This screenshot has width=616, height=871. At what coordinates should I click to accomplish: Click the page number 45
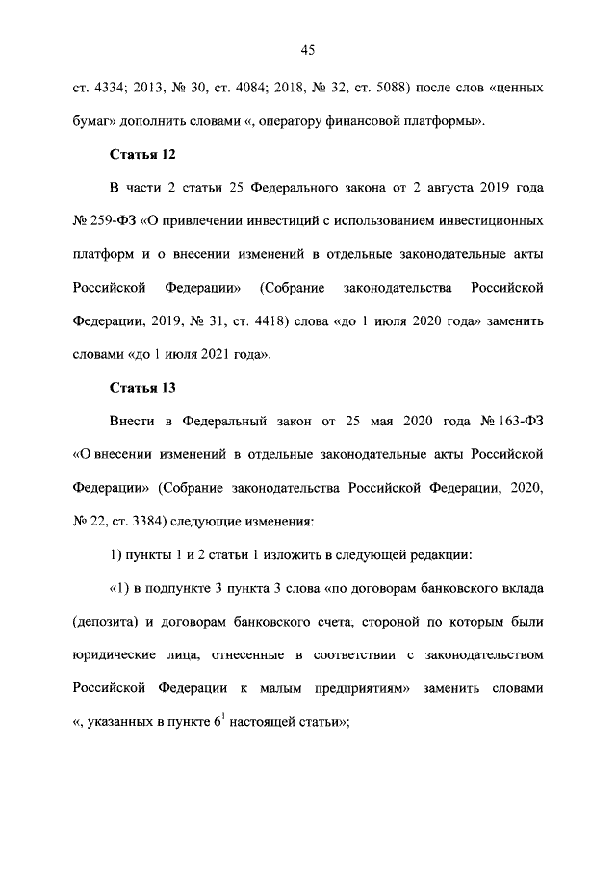[308, 49]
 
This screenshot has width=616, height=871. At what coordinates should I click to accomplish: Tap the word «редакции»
[440, 554]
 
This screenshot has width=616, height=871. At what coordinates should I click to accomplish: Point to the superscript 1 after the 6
[226, 716]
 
